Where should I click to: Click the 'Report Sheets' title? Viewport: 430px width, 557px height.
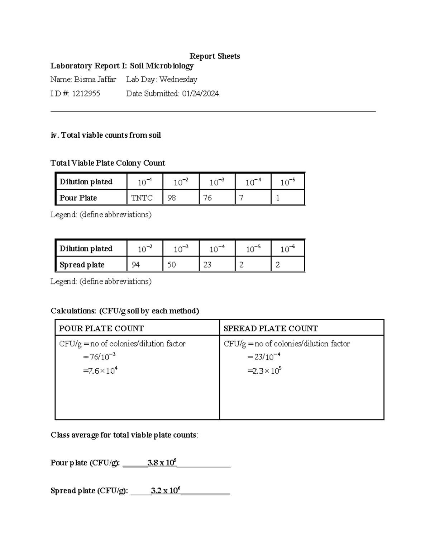tap(215, 56)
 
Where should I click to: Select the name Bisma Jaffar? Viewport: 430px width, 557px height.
tap(95, 79)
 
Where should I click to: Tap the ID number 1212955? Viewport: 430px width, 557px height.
tap(86, 94)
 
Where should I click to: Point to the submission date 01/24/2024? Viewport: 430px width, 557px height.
tap(201, 94)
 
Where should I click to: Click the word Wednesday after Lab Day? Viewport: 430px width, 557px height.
tap(178, 79)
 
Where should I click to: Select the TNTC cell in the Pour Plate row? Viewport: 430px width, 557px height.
tap(142, 198)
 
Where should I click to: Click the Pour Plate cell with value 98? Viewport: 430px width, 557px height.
tap(172, 198)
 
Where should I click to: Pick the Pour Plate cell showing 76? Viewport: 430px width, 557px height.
tap(208, 198)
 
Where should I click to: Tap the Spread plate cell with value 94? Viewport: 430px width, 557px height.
tap(136, 265)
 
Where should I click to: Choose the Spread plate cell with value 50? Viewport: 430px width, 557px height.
tap(172, 265)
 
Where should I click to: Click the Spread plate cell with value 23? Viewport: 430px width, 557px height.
tap(208, 265)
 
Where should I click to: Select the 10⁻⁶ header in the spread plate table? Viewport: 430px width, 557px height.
tap(288, 249)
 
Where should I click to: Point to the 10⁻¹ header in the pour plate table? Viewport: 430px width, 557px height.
tap(145, 182)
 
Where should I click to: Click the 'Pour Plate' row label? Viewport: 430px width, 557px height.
tap(78, 198)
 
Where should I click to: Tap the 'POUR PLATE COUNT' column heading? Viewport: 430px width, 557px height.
tap(101, 328)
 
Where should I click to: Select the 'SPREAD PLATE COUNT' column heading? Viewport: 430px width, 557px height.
tap(271, 328)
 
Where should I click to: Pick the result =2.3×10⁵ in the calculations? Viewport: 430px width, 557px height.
tap(264, 370)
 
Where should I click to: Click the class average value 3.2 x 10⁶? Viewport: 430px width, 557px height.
tap(166, 490)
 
